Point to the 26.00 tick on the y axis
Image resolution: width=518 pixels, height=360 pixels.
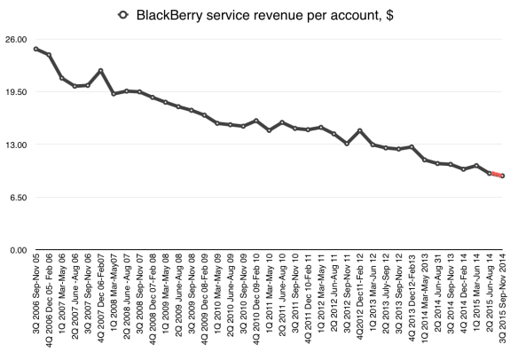(x=17, y=39)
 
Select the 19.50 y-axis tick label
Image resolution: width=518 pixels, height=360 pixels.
(x=17, y=91)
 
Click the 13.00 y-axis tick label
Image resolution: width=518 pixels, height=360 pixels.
(x=17, y=144)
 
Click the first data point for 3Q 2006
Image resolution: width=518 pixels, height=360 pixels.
(x=35, y=49)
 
